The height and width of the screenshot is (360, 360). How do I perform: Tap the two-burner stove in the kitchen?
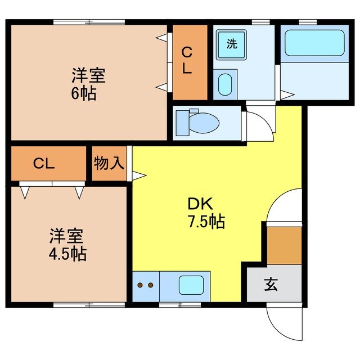tap(146, 286)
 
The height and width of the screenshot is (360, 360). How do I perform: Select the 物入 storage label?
tap(109, 164)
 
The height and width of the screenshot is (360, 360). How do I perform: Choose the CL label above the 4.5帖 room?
tap(43, 164)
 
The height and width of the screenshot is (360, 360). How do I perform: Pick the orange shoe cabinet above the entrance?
tap(284, 245)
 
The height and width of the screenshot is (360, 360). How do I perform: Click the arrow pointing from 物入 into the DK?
tap(138, 175)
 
